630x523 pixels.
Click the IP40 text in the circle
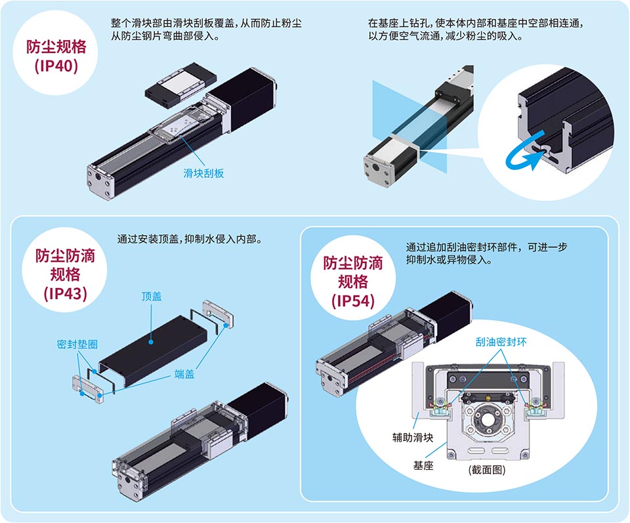(56, 66)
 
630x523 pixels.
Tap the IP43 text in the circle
(65, 293)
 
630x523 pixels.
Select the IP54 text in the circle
(353, 301)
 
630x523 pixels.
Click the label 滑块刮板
(203, 173)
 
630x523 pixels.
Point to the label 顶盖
(152, 297)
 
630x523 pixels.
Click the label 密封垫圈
(77, 345)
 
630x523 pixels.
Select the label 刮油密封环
(501, 342)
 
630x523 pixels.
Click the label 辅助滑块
(413, 438)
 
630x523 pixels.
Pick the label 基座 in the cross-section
(423, 465)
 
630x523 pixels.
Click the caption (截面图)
(486, 470)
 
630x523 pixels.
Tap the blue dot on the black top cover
(151, 342)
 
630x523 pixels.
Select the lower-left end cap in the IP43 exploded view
(87, 389)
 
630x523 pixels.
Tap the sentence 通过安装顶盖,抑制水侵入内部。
(190, 240)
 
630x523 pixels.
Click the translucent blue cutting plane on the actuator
(409, 127)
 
